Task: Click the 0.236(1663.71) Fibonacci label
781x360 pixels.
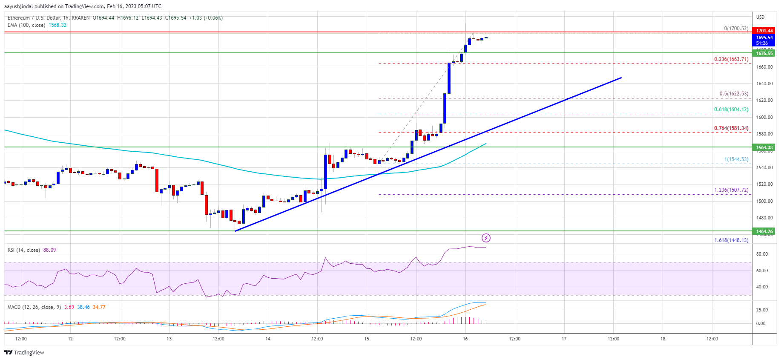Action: [731, 59]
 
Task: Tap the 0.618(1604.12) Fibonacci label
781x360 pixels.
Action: [731, 109]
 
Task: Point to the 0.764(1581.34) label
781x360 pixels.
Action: [731, 128]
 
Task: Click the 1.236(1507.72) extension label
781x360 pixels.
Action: [731, 190]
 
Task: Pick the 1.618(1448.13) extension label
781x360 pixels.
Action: [731, 240]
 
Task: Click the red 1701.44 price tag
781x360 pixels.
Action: [764, 31]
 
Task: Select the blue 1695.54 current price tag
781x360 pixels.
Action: [764, 37]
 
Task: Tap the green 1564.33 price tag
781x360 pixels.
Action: [764, 147]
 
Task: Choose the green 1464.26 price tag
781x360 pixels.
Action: [764, 231]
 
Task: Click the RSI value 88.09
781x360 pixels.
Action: [49, 250]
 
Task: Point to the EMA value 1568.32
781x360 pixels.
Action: [57, 25]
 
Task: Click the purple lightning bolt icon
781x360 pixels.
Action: [486, 238]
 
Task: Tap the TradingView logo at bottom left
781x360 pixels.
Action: [24, 352]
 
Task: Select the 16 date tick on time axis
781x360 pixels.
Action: [465, 339]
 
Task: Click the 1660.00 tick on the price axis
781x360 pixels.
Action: [764, 67]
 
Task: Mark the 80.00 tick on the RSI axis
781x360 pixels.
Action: [762, 254]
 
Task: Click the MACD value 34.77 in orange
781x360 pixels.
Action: [99, 307]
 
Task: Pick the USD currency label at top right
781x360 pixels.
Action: [760, 17]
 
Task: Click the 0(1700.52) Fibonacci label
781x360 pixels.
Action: [736, 29]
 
